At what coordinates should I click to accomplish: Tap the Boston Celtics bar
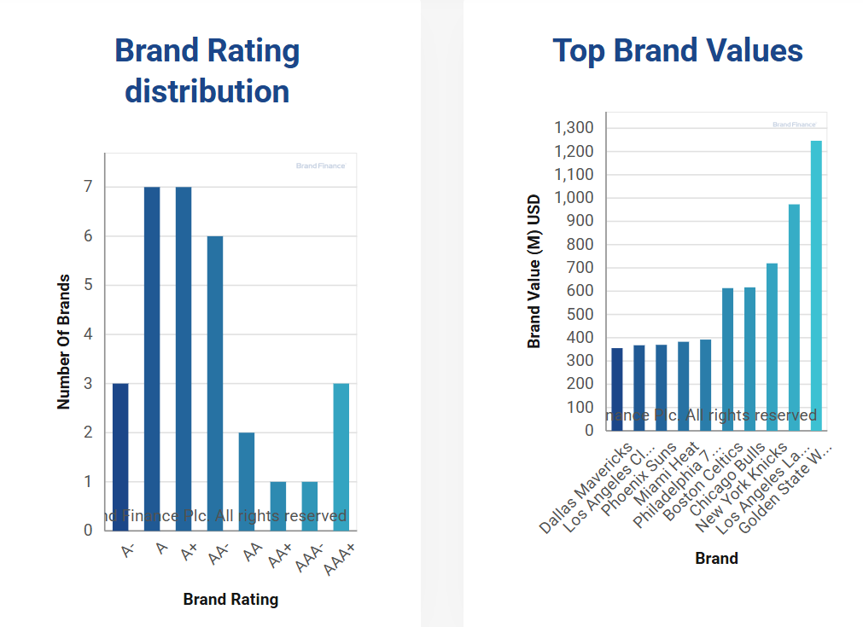tap(728, 359)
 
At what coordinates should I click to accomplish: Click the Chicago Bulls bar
tap(749, 358)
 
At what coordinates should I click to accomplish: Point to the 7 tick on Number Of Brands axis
tap(88, 187)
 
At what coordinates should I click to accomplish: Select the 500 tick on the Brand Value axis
tap(583, 314)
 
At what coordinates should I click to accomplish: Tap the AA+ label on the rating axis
tap(279, 556)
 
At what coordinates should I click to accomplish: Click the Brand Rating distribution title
tap(207, 71)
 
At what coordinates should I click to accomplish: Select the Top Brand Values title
tap(677, 50)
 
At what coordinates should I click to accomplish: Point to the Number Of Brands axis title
tap(64, 341)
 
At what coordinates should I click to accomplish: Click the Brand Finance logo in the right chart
tap(794, 125)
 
